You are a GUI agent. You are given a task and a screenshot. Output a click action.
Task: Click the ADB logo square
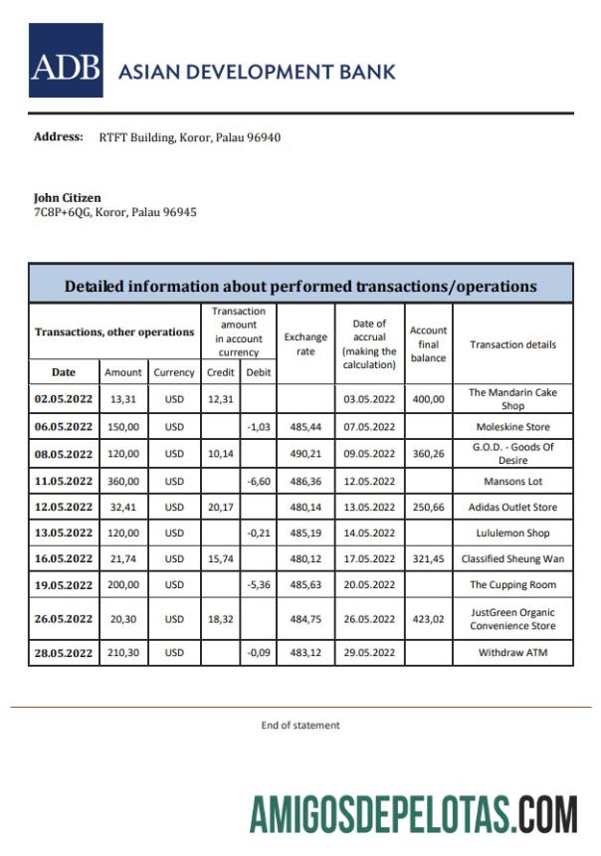click(66, 61)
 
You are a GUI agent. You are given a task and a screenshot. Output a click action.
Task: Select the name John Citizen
click(67, 198)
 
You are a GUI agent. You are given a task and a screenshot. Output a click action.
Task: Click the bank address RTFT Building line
click(189, 137)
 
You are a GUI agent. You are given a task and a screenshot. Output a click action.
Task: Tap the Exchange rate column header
click(305, 344)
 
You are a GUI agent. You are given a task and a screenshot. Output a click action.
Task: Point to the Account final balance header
click(428, 344)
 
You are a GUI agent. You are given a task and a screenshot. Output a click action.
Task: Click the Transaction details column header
click(512, 344)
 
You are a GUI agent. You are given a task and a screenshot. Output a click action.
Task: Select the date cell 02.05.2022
click(64, 399)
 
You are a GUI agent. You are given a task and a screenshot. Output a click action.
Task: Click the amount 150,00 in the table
click(123, 427)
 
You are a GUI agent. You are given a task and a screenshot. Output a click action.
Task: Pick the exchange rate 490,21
click(305, 454)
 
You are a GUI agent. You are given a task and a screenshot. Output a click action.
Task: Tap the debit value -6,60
click(257, 481)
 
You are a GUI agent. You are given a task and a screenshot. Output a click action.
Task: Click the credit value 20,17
click(219, 508)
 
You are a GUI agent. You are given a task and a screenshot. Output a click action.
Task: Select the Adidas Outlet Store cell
click(512, 508)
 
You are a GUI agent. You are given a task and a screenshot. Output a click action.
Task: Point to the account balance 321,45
click(428, 559)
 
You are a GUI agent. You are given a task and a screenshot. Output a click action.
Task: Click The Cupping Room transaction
click(512, 585)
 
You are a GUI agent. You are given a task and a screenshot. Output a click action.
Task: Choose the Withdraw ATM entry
click(512, 653)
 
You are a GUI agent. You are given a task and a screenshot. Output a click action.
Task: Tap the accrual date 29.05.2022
click(370, 653)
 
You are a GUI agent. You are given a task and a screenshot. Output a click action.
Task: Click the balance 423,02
click(428, 619)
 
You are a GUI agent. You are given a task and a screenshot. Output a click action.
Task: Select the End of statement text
click(300, 726)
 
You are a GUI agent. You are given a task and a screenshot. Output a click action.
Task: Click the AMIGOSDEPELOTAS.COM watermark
click(413, 813)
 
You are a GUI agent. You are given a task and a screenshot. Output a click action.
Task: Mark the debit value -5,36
click(257, 585)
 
